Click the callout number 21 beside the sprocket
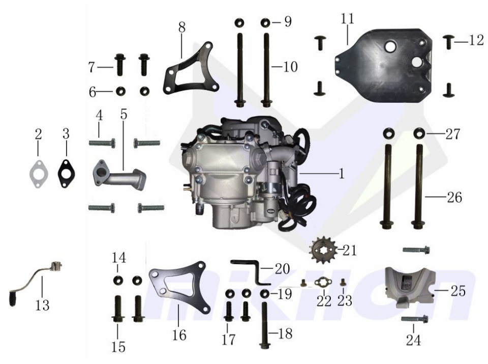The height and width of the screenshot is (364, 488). click(x=350, y=250)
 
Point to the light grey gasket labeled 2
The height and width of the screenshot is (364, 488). click(x=38, y=174)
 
